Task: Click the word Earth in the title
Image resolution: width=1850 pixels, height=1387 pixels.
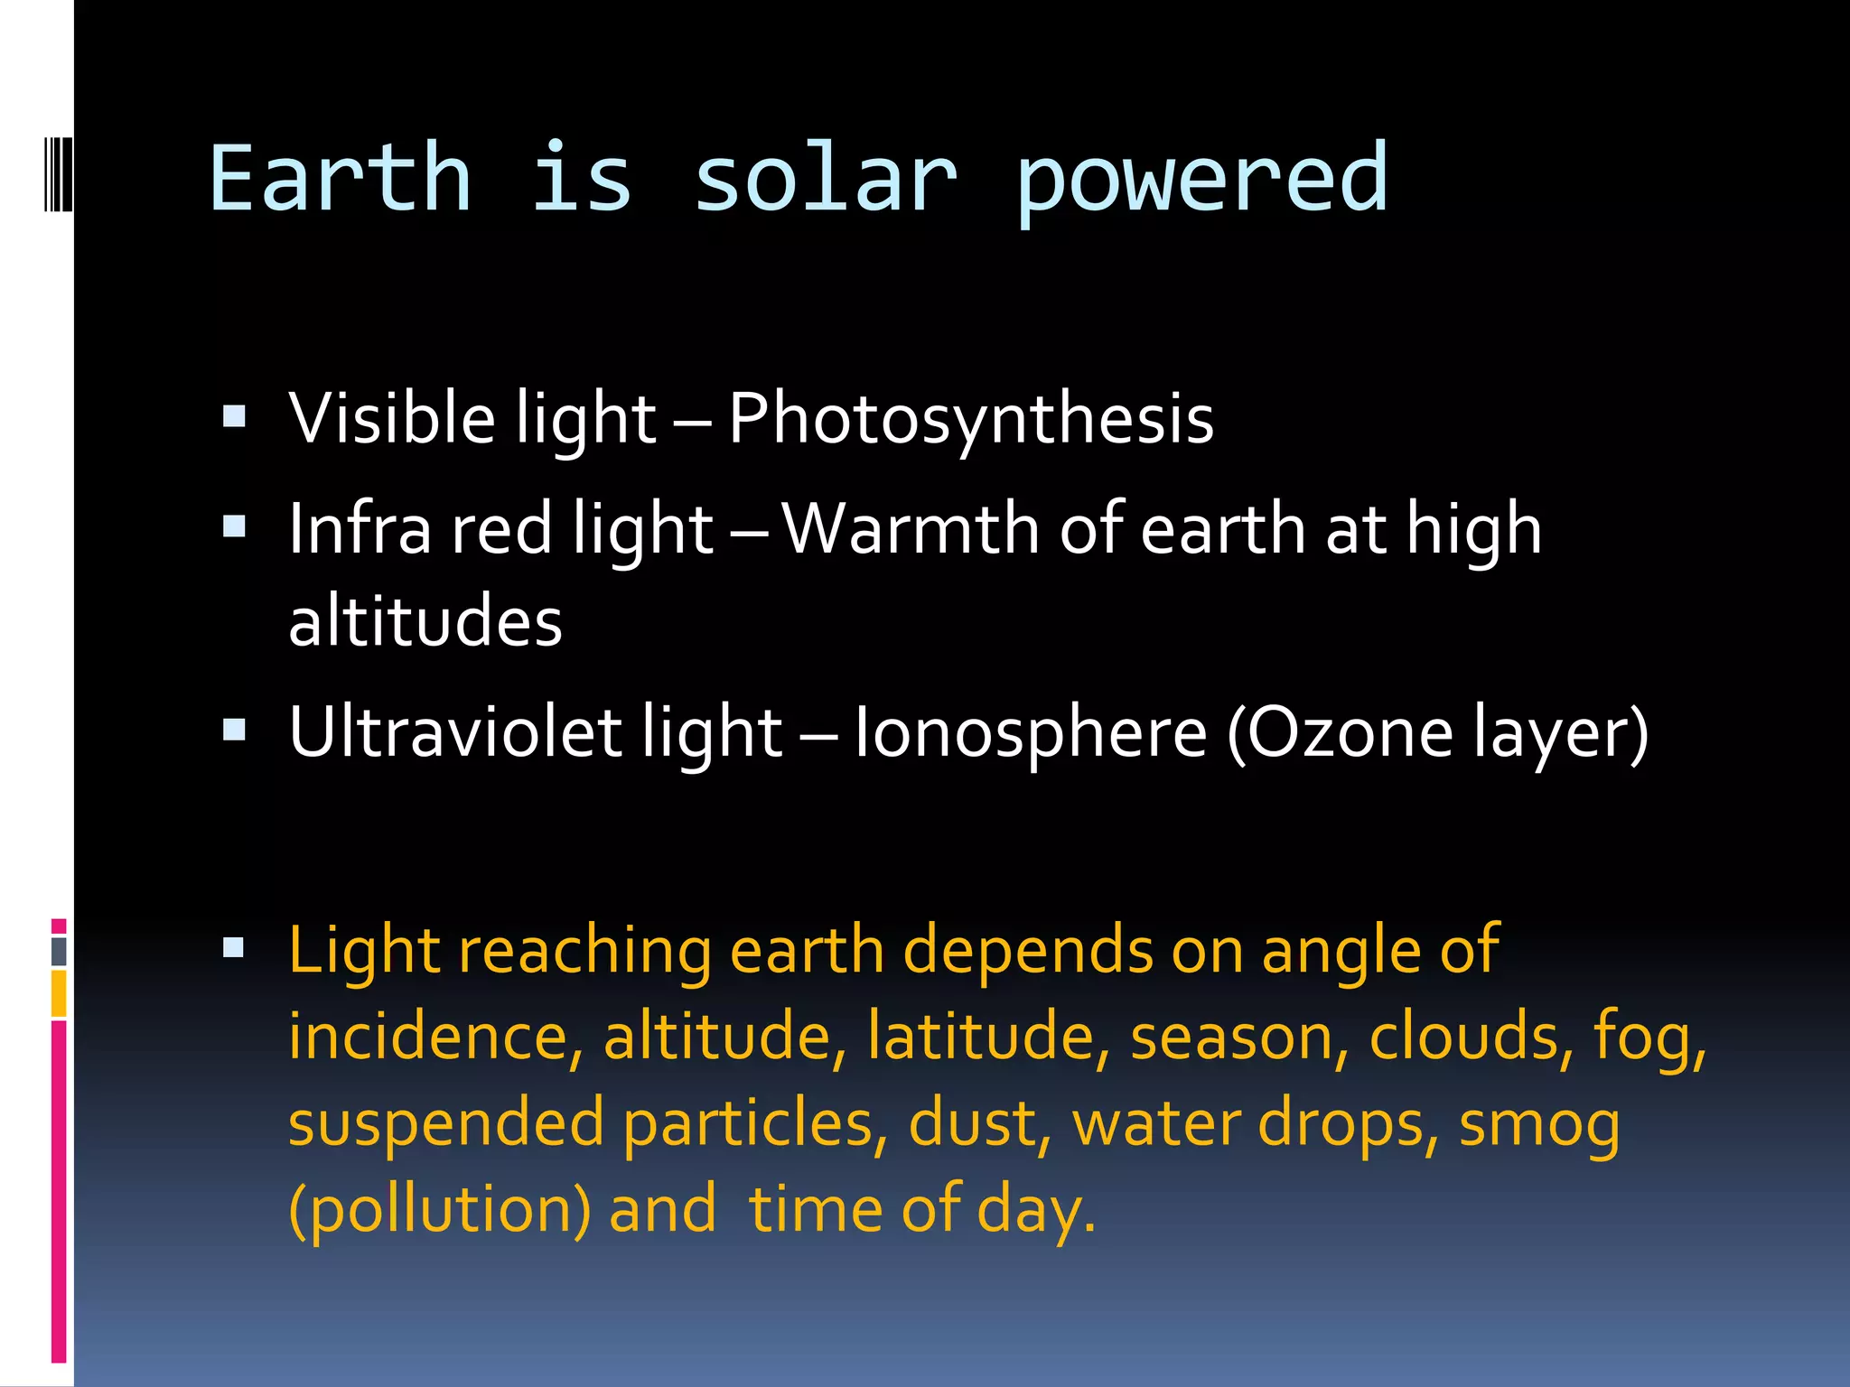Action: [x=340, y=179]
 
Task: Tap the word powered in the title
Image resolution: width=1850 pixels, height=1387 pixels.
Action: [x=1201, y=181]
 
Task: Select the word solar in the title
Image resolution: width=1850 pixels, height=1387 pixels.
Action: [x=824, y=179]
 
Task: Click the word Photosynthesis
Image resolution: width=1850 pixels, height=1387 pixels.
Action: [x=971, y=419]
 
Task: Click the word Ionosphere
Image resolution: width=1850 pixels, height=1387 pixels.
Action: [x=1030, y=733]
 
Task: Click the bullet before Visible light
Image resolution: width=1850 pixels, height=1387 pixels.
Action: [x=234, y=415]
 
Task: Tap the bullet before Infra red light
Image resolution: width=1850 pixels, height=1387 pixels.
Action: [x=234, y=526]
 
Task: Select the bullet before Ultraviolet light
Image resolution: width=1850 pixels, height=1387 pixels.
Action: [x=234, y=728]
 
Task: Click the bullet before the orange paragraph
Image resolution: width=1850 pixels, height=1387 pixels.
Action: [x=234, y=946]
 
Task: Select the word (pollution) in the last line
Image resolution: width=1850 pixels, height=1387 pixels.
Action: [x=440, y=1210]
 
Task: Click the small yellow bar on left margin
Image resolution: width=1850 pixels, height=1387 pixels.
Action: [x=59, y=993]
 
